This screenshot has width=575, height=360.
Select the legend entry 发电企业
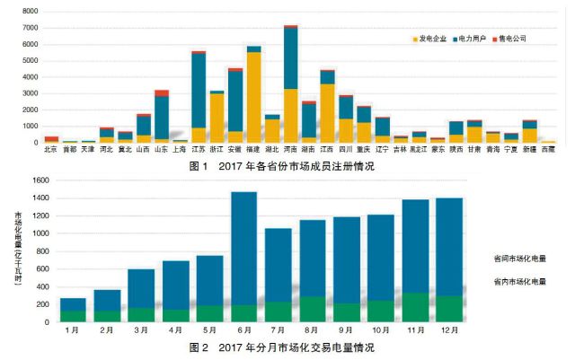coord(430,39)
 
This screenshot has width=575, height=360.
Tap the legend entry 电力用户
coord(473,39)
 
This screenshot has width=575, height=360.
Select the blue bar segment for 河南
coord(291,58)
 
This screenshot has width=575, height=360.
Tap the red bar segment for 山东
coord(162,93)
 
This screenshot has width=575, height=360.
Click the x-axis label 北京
coord(51,150)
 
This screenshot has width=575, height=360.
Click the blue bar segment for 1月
coord(74,304)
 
